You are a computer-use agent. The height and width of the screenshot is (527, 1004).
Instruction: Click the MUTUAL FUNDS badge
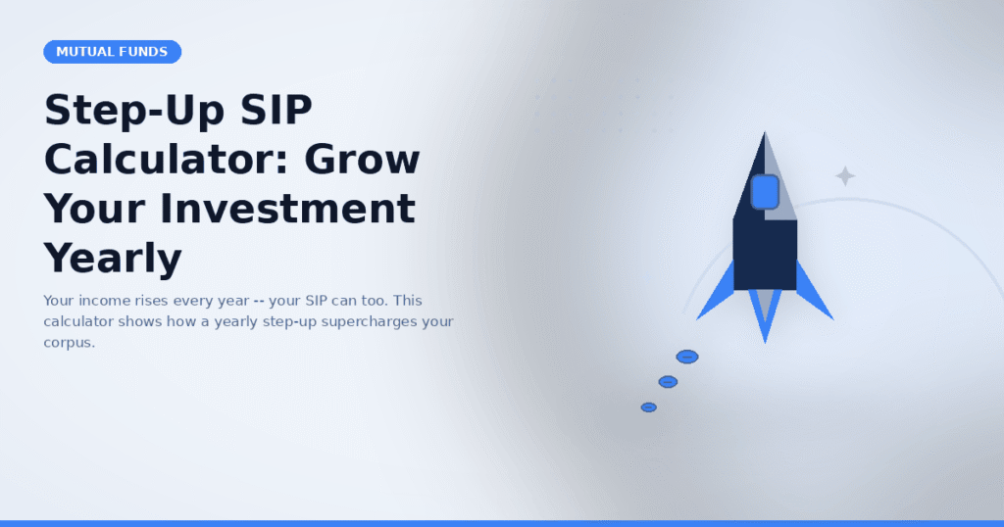[112, 52]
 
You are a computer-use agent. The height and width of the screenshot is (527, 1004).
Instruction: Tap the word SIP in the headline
[276, 110]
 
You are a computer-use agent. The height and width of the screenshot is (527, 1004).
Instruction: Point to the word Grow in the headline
[362, 160]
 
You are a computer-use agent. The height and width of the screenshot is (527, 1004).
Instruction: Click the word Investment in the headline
[287, 210]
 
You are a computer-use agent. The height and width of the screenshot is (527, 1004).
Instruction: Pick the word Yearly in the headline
[113, 260]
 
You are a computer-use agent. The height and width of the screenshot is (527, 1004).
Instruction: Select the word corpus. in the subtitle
[70, 343]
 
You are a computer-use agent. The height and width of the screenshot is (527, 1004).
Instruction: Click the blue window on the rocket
[765, 192]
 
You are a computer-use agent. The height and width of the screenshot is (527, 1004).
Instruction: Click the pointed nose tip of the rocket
[765, 132]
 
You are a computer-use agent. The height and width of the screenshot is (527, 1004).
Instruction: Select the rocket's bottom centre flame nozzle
[765, 313]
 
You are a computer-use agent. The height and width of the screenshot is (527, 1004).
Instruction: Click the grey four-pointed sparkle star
[845, 176]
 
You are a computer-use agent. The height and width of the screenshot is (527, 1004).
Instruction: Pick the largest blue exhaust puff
[687, 357]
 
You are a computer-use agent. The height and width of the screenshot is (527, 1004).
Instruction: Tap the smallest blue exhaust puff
[649, 407]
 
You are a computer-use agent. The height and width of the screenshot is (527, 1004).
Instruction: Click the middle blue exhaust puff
[668, 382]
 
